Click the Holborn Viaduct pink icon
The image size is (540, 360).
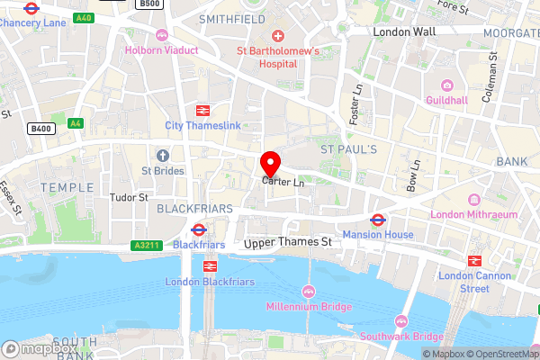(x=161, y=35)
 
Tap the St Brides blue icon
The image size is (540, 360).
(x=163, y=156)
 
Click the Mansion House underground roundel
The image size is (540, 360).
(x=378, y=220)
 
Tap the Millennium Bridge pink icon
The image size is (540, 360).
(x=309, y=292)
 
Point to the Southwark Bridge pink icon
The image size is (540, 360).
(x=401, y=321)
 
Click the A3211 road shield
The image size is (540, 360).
(x=145, y=244)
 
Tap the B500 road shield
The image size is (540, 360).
(x=149, y=4)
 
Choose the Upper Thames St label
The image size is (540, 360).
(x=288, y=242)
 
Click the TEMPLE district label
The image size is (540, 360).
(x=67, y=187)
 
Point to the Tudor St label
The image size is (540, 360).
(x=129, y=197)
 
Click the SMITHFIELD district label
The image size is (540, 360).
(x=231, y=18)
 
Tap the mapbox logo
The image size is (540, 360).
(x=40, y=348)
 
